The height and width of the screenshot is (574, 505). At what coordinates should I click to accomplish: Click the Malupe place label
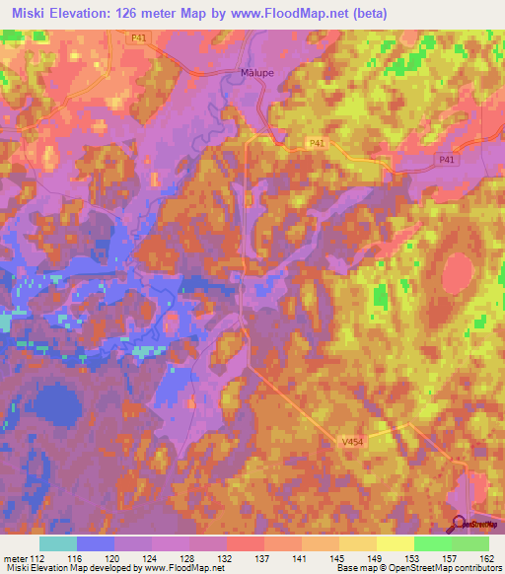pos(256,72)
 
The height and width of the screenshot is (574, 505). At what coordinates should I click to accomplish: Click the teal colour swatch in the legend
pos(57,543)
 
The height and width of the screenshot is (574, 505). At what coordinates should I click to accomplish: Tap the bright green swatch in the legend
pos(432,543)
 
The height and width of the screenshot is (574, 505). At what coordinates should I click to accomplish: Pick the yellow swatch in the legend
pos(395,543)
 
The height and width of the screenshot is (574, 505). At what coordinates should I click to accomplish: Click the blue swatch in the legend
pos(95,543)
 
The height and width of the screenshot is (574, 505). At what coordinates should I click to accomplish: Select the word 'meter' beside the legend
pos(17,558)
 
